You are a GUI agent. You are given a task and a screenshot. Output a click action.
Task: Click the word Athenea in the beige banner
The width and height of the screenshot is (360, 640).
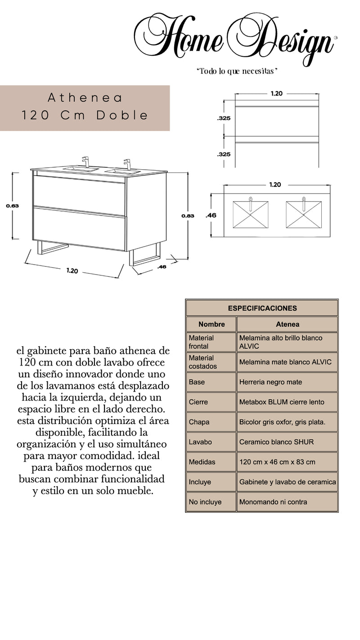(x=85, y=98)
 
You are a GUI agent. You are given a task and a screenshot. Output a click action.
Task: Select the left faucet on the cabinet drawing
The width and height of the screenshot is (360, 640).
(x=85, y=162)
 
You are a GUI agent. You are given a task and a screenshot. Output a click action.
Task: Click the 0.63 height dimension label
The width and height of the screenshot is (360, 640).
(x=12, y=206)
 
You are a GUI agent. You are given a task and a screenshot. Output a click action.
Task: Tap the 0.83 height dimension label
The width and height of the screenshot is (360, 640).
(x=188, y=216)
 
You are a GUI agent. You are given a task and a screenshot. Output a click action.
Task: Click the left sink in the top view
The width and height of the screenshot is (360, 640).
(x=251, y=214)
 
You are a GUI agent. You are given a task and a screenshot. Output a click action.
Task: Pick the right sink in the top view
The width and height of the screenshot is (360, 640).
(x=304, y=214)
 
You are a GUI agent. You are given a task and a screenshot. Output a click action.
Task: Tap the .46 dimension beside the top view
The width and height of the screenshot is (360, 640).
(x=211, y=216)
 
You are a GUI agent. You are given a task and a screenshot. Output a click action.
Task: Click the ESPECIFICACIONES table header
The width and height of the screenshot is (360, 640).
(x=262, y=308)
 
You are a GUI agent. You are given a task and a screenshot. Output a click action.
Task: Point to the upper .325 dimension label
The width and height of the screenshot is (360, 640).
(x=224, y=118)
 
